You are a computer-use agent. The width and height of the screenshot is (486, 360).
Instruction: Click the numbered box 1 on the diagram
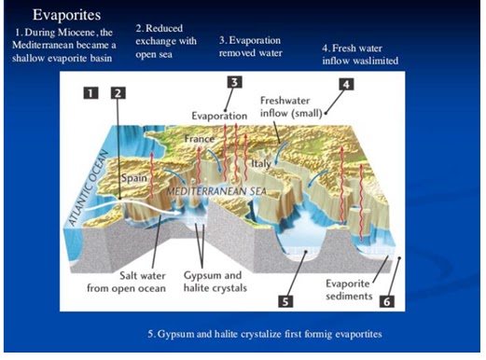click(x=90, y=92)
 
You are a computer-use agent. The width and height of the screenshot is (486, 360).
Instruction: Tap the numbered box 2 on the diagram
click(x=118, y=92)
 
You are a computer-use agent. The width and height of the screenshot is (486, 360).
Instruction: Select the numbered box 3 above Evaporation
click(x=235, y=82)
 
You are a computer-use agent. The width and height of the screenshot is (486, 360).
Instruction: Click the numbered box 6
click(x=388, y=301)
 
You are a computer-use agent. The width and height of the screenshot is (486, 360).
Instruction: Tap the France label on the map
click(x=199, y=139)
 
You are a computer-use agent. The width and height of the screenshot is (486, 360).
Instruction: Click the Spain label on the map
click(x=136, y=175)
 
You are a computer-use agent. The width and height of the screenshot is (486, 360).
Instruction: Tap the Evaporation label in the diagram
click(x=219, y=115)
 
